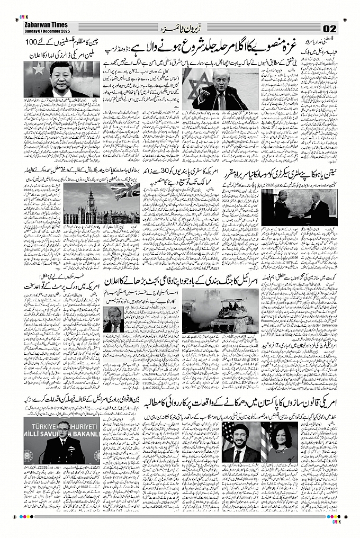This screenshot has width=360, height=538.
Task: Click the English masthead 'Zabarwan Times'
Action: (x=42, y=25)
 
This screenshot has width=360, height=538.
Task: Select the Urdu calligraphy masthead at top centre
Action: (x=180, y=28)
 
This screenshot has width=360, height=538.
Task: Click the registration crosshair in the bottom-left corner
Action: (x=14, y=517)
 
